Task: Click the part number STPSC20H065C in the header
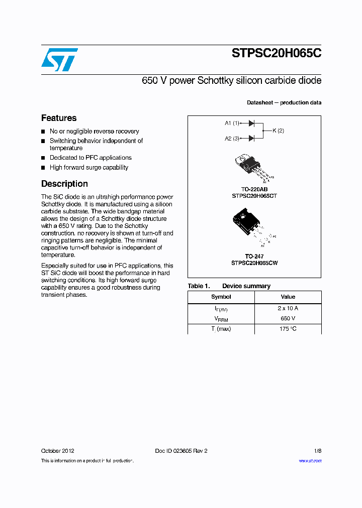(276, 54)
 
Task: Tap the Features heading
(59, 118)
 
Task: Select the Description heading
(64, 184)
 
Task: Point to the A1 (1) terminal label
(232, 123)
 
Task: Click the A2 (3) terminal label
(232, 138)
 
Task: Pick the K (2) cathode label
(278, 131)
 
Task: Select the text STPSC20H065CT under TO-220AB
(254, 196)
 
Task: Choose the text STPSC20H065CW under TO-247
(254, 263)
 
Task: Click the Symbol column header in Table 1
(221, 297)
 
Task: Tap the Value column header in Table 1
(288, 297)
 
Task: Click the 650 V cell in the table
(288, 319)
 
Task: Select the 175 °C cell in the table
(288, 329)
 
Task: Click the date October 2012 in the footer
(57, 451)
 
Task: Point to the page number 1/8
(317, 451)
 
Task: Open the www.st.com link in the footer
(310, 461)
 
